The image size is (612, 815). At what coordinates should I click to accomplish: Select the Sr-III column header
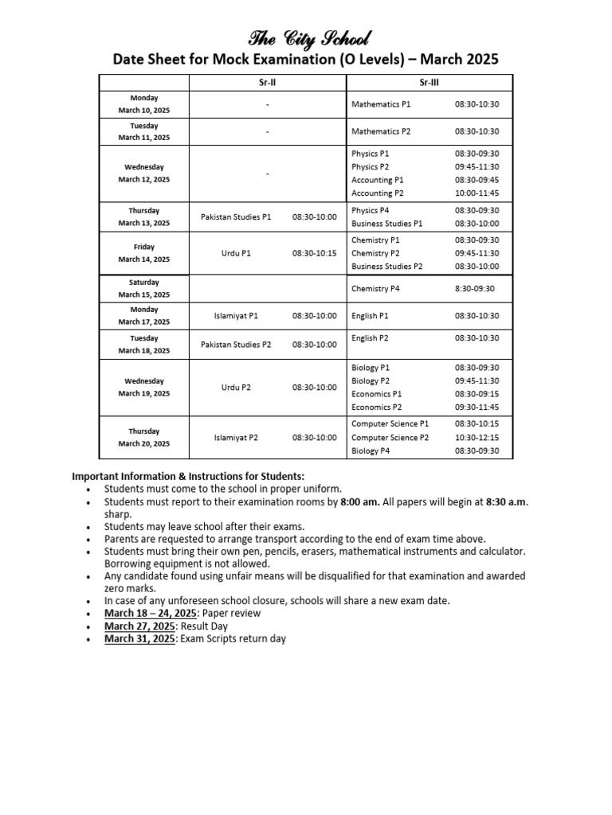pos(430,84)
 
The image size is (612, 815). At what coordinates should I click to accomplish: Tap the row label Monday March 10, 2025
pos(144,104)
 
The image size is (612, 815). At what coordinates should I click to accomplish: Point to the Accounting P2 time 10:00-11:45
pos(477,193)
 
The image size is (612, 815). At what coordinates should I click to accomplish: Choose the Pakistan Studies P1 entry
pos(236,216)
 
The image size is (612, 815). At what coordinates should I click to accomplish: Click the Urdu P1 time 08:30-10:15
pos(314,253)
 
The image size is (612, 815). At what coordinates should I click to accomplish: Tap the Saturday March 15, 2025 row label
pos(144,288)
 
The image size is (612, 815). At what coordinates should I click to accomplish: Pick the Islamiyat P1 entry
pos(236,316)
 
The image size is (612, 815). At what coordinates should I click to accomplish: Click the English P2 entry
pos(370,338)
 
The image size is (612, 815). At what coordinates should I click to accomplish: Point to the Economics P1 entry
pos(376,394)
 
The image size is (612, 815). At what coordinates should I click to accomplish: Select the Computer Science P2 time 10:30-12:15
pos(477,438)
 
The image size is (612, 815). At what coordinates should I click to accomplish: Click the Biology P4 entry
pos(371,450)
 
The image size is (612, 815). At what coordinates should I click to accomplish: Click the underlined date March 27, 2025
pos(139,626)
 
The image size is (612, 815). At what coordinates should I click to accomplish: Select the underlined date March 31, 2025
pos(139,639)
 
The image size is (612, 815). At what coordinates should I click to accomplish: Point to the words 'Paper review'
pos(231,614)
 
